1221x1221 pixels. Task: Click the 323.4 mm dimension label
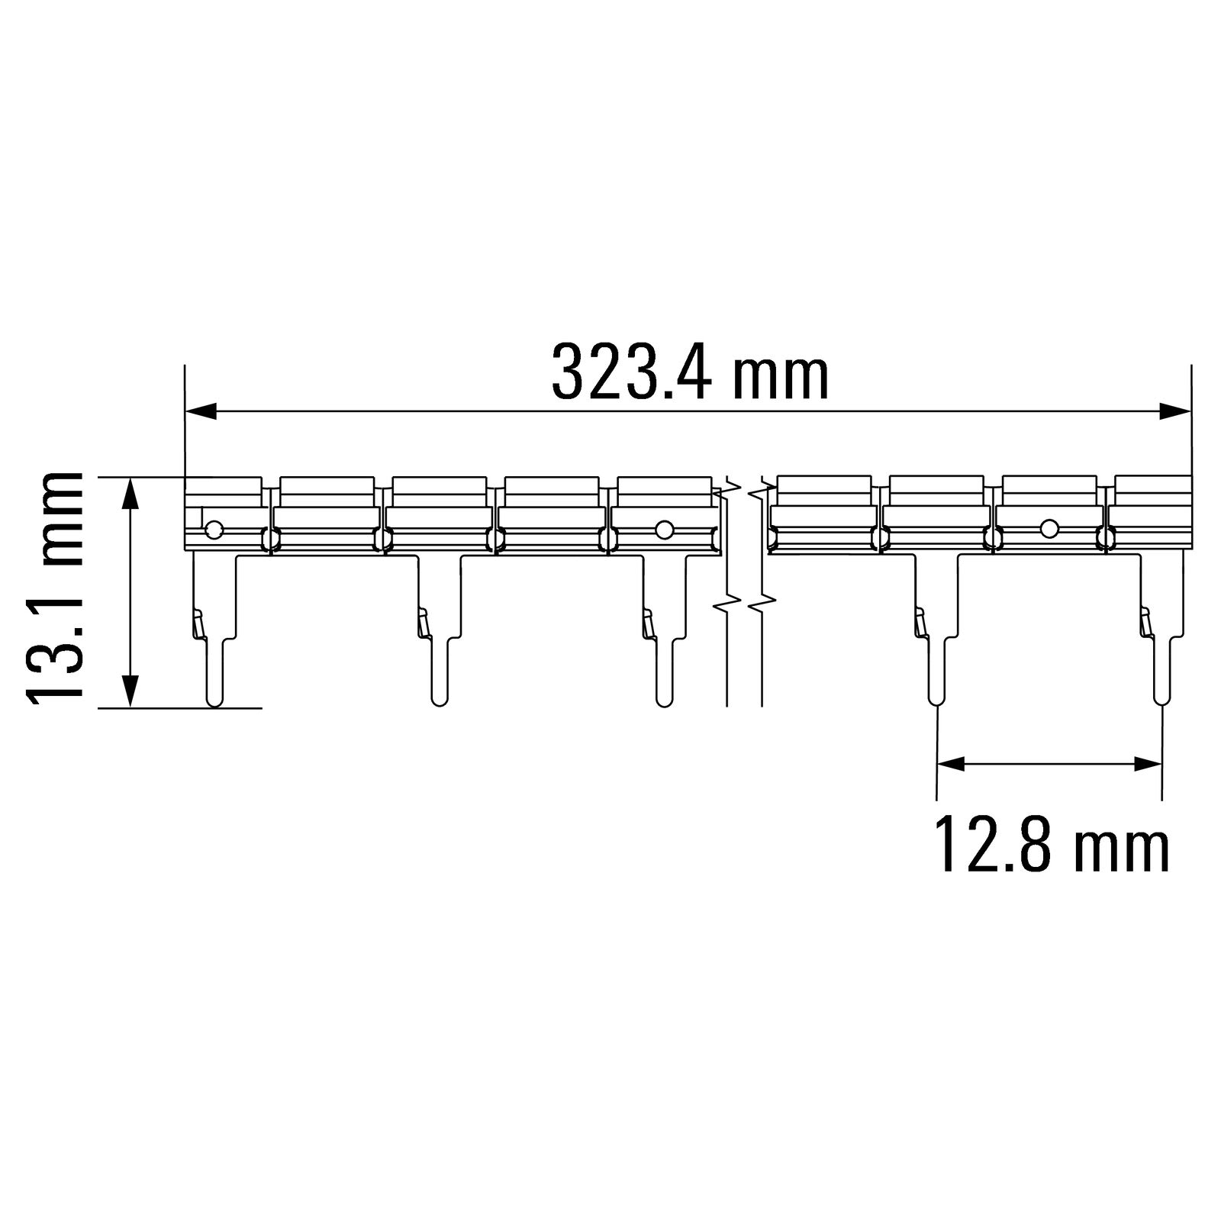click(690, 372)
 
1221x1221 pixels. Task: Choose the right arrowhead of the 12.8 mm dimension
click(1145, 763)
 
